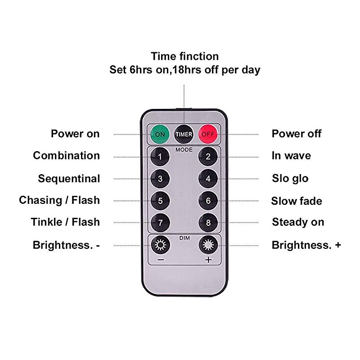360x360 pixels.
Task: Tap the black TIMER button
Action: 184,134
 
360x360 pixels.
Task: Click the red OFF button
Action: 208,134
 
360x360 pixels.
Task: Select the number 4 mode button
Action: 208,178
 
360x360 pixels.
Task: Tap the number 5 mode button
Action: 160,201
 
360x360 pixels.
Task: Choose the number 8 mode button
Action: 208,222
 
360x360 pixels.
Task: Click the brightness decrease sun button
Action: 160,244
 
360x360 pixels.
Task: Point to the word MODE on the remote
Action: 184,150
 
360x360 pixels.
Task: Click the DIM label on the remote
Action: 184,238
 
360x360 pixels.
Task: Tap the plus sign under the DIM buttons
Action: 208,260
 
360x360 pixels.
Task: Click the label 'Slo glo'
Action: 290,179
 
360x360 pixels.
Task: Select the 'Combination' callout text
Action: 66,155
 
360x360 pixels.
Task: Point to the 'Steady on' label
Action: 298,222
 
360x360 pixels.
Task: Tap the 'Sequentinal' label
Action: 69,179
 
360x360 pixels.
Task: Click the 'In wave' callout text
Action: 291,155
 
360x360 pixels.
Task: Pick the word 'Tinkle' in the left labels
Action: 47,222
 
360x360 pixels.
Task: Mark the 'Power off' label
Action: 297,134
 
